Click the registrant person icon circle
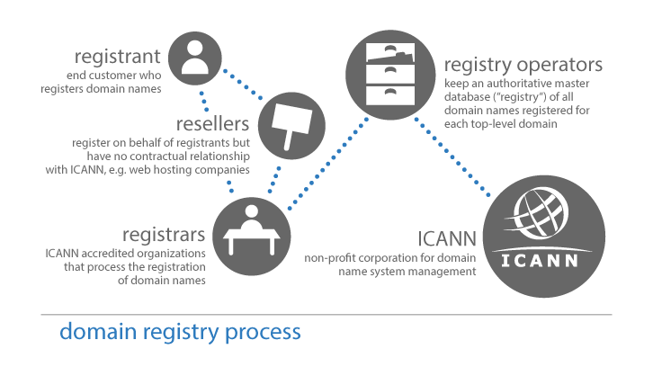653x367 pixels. click(x=194, y=56)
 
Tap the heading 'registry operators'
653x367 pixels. click(x=523, y=65)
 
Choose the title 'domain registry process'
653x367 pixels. click(x=180, y=332)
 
